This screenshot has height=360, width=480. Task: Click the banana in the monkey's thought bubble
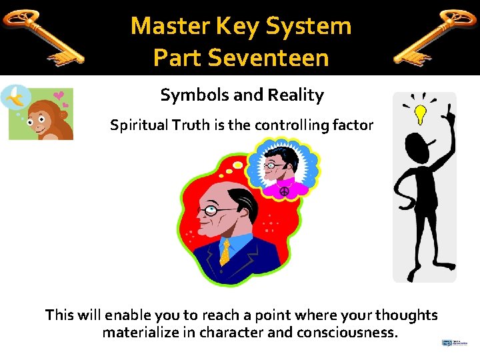pyautogui.click(x=15, y=99)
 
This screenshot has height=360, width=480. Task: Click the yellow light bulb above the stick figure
pyautogui.click(x=421, y=113)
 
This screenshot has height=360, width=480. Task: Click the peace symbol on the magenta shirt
pyautogui.click(x=284, y=191)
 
